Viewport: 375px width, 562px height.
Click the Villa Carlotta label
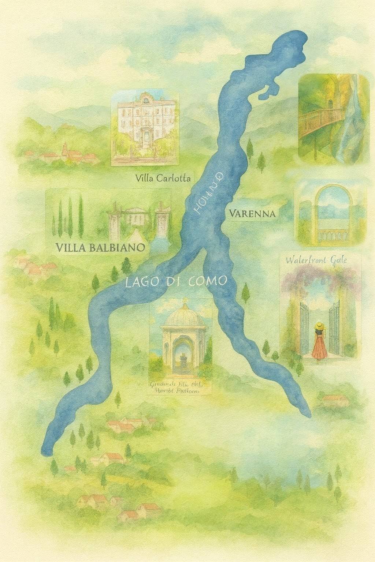(163, 179)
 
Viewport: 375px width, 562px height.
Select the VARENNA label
(253, 213)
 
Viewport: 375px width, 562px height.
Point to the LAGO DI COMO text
(176, 282)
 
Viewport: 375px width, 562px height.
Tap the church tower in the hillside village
(65, 148)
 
